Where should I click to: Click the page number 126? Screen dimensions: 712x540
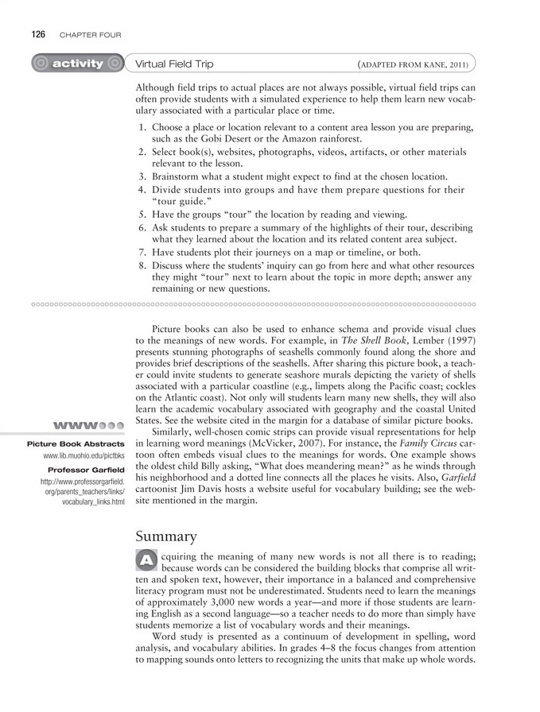37,34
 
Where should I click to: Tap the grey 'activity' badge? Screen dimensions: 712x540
77,64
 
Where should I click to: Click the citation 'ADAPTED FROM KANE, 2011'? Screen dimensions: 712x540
414,64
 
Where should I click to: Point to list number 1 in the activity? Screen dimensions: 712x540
141,127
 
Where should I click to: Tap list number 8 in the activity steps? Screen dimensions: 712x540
141,265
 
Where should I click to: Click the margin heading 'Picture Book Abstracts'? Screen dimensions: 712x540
76,443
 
